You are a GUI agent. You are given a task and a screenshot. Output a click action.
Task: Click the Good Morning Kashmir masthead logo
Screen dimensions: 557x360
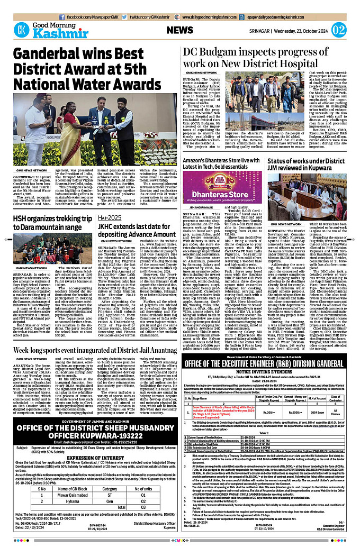pyautogui.click(x=46, y=30)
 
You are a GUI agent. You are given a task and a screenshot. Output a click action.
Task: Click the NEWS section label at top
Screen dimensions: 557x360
pyautogui.click(x=179, y=30)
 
